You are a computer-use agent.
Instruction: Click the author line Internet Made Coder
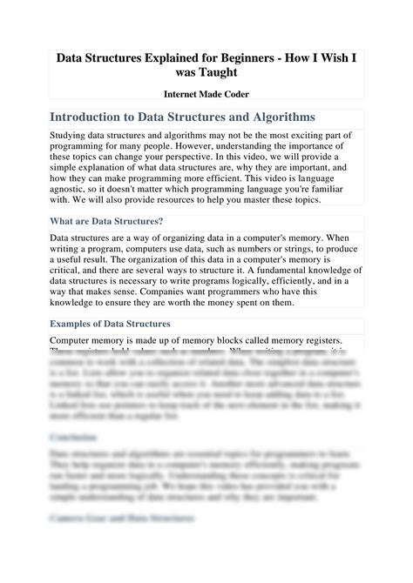206,98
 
